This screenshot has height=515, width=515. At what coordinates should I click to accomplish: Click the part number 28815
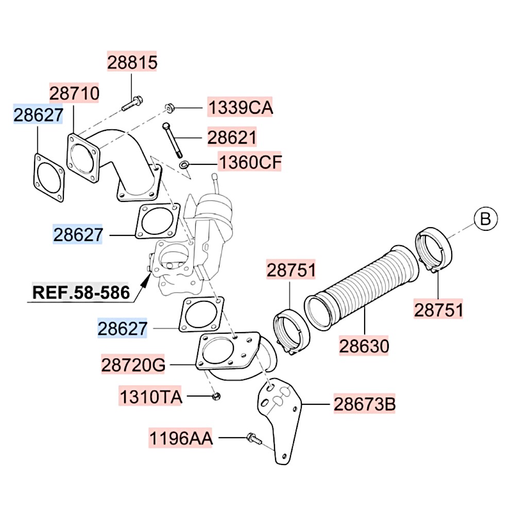point(132,62)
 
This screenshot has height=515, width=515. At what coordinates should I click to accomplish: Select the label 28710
point(74,93)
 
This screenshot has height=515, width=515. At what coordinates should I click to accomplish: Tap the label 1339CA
point(240,108)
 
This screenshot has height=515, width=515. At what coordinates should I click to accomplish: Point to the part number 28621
point(232,138)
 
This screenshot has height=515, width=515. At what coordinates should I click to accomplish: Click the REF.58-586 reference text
point(81,293)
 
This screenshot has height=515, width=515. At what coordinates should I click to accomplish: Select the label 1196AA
point(181,438)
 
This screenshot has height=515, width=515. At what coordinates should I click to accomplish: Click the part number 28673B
point(365,404)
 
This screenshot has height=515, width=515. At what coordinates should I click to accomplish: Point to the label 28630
point(364,346)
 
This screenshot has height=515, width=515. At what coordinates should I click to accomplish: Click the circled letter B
point(485,219)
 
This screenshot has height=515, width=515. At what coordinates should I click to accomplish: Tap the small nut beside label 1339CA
point(168,108)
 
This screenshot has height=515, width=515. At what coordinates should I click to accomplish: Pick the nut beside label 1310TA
point(216,397)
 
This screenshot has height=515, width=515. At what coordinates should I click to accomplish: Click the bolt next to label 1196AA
point(253,439)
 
